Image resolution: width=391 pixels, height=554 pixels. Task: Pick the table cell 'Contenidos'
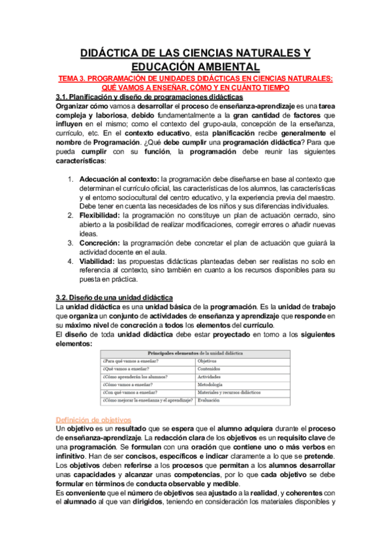coord(210,368)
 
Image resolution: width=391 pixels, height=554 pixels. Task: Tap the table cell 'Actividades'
coord(210,377)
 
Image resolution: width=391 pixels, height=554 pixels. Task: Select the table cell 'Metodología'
coord(211,385)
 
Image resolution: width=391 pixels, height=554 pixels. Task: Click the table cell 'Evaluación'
coord(210,400)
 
